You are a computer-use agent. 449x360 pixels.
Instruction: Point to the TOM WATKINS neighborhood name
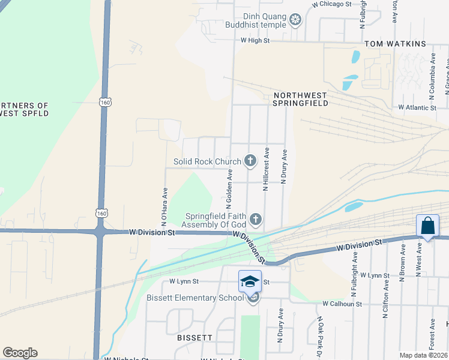396,44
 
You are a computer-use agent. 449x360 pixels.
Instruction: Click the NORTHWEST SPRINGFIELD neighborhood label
300,99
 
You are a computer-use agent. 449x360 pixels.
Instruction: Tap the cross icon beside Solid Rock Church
250,161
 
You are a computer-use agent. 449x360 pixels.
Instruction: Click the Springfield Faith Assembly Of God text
216,220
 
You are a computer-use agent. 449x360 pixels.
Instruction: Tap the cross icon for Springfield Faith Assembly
256,220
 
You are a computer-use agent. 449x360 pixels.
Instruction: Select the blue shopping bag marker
427,226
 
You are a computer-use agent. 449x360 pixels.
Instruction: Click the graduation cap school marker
250,281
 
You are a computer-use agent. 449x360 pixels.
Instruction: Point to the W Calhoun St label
342,304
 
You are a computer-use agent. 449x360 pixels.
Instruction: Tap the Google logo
20,353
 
